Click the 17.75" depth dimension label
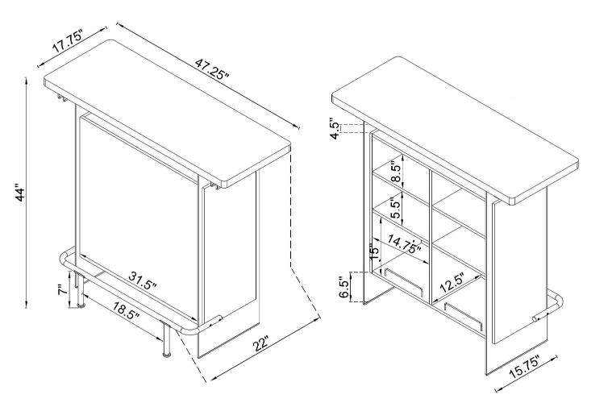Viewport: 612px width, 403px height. (x=68, y=42)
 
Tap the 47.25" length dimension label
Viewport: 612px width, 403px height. (x=212, y=69)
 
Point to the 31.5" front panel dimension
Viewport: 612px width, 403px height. (x=143, y=280)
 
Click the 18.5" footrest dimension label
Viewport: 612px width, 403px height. (x=126, y=310)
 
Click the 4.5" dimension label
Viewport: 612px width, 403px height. (x=335, y=128)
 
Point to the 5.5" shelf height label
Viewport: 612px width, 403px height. (x=396, y=209)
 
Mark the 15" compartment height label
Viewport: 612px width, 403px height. (x=374, y=253)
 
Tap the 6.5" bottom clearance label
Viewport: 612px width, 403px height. (x=343, y=288)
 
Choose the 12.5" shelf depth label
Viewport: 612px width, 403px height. (x=452, y=283)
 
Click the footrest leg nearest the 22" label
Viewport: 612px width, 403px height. (x=166, y=339)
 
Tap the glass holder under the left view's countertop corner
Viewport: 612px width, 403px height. (x=61, y=98)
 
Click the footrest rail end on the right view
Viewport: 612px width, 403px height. (x=536, y=318)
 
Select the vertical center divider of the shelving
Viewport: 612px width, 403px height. (x=430, y=236)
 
